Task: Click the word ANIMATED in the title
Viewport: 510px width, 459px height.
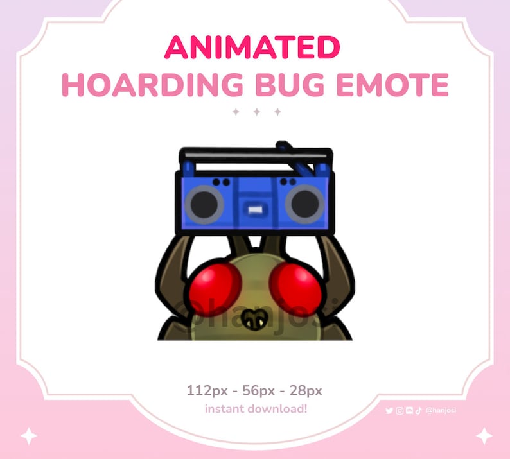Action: [x=252, y=48]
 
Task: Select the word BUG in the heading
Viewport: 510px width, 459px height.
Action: [x=281, y=85]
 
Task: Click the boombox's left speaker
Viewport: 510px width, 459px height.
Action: [x=204, y=204]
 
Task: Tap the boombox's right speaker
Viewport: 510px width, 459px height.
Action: [x=304, y=204]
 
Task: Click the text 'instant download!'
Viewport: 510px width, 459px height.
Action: [x=256, y=409]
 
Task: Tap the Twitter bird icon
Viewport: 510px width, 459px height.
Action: [x=389, y=411]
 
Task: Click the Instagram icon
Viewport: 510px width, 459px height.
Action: [x=400, y=411]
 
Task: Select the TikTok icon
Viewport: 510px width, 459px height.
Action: [x=418, y=411]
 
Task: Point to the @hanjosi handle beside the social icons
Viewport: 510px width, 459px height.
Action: [x=441, y=411]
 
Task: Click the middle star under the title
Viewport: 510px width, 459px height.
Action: [x=256, y=112]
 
